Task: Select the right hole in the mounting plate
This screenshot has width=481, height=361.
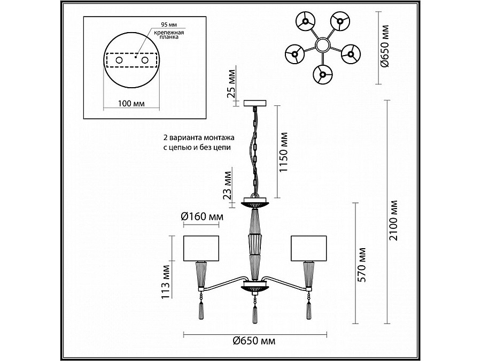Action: [x=144, y=60]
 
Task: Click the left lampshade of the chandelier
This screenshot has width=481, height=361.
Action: [x=201, y=247]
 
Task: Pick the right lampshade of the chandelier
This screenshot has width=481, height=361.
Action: [x=309, y=247]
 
